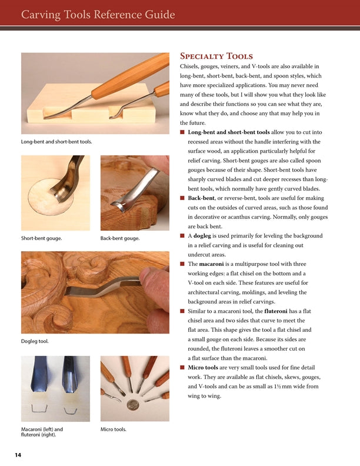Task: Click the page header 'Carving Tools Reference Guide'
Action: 98,14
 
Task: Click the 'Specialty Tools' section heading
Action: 216,56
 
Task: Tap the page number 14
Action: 18,455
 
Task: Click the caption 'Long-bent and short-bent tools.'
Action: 56,142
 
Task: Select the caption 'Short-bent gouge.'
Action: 41,238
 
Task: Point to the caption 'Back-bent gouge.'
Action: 120,238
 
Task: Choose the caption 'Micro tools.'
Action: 114,430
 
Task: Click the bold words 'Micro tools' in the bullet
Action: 204,368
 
